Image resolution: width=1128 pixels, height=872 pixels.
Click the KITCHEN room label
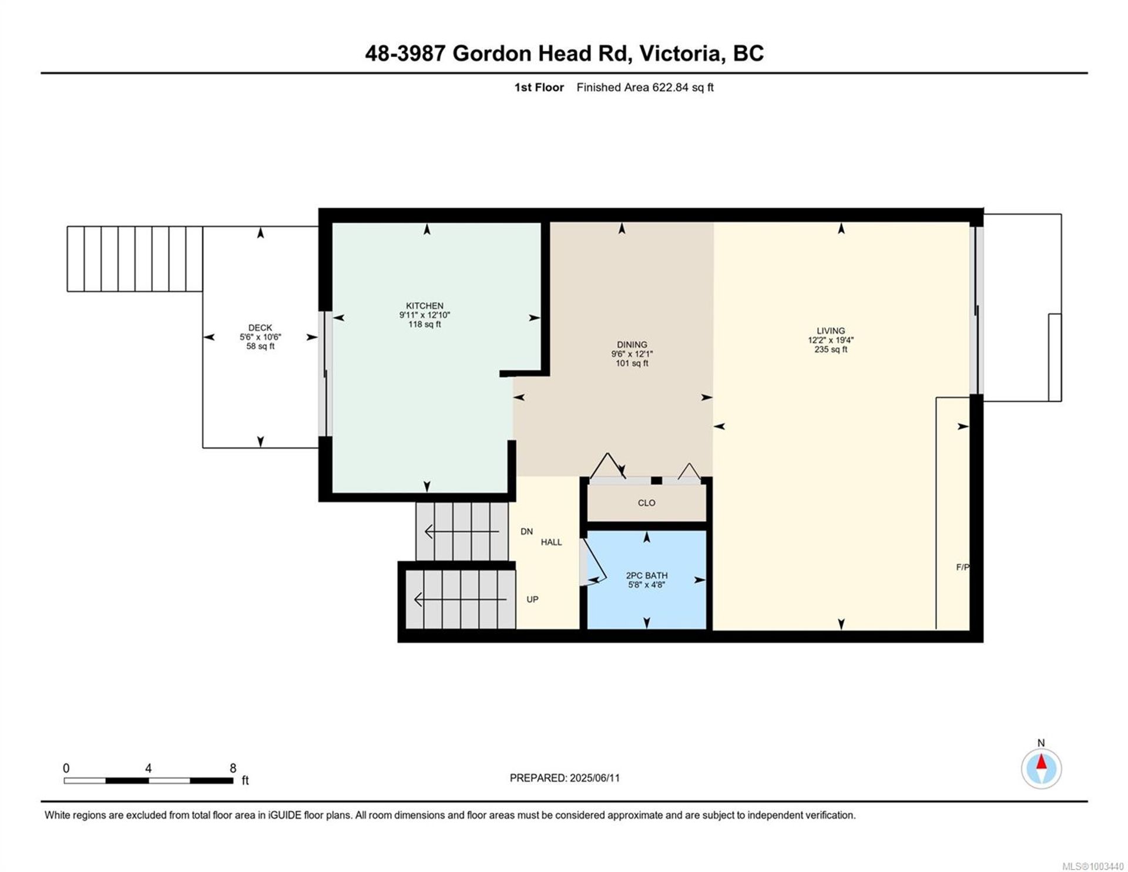click(424, 306)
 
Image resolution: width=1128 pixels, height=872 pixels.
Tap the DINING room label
click(632, 345)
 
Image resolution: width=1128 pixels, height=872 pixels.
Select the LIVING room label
click(830, 331)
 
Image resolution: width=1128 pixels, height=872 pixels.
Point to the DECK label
click(260, 328)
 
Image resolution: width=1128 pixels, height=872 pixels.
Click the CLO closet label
click(646, 503)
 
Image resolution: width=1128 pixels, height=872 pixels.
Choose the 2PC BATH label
click(646, 576)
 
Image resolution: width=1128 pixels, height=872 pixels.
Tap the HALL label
click(551, 542)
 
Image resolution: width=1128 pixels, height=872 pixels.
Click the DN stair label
click(526, 532)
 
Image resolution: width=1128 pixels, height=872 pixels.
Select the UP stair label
click(532, 599)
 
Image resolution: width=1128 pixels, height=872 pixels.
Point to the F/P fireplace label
click(962, 567)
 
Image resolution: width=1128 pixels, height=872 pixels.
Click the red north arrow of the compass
click(1041, 762)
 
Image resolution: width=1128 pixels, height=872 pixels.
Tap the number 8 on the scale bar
click(233, 768)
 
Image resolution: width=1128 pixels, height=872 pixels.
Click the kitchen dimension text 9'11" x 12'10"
click(424, 315)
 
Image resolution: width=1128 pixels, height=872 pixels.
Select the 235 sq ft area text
click(830, 350)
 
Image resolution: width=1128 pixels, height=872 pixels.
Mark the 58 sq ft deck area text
click(260, 347)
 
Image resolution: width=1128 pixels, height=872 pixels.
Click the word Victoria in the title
click(680, 53)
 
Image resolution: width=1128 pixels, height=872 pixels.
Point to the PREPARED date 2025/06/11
click(595, 778)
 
